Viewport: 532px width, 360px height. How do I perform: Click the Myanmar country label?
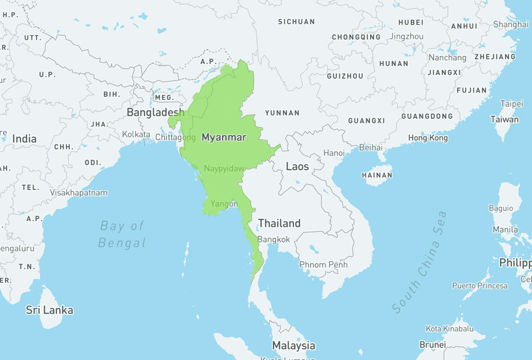(x=224, y=137)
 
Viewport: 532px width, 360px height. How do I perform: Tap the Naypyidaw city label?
(x=224, y=168)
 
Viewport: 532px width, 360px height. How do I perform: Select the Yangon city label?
(x=224, y=204)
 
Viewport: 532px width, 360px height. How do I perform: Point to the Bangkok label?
(x=273, y=239)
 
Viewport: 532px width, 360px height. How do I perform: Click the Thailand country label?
(x=279, y=223)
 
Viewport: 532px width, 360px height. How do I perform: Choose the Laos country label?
(x=297, y=167)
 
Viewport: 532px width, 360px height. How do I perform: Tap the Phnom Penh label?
(x=323, y=264)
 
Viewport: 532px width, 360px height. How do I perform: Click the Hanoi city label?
(x=334, y=153)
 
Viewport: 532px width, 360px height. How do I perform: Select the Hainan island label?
(x=377, y=175)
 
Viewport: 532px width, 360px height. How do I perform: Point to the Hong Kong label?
(x=428, y=138)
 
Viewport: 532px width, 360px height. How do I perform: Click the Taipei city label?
(x=511, y=104)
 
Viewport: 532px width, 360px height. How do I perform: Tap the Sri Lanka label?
(x=50, y=310)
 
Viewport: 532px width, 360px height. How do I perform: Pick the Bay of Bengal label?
(x=122, y=234)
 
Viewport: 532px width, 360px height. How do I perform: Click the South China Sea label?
(x=419, y=262)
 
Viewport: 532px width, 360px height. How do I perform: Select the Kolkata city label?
(x=136, y=134)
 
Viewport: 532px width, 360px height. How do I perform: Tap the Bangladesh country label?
(x=156, y=112)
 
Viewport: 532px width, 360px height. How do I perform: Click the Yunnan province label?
(x=283, y=113)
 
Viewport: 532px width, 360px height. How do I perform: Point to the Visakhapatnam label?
(x=78, y=193)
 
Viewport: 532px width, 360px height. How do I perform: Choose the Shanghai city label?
(x=511, y=24)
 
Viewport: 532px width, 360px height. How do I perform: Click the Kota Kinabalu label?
(x=449, y=329)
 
